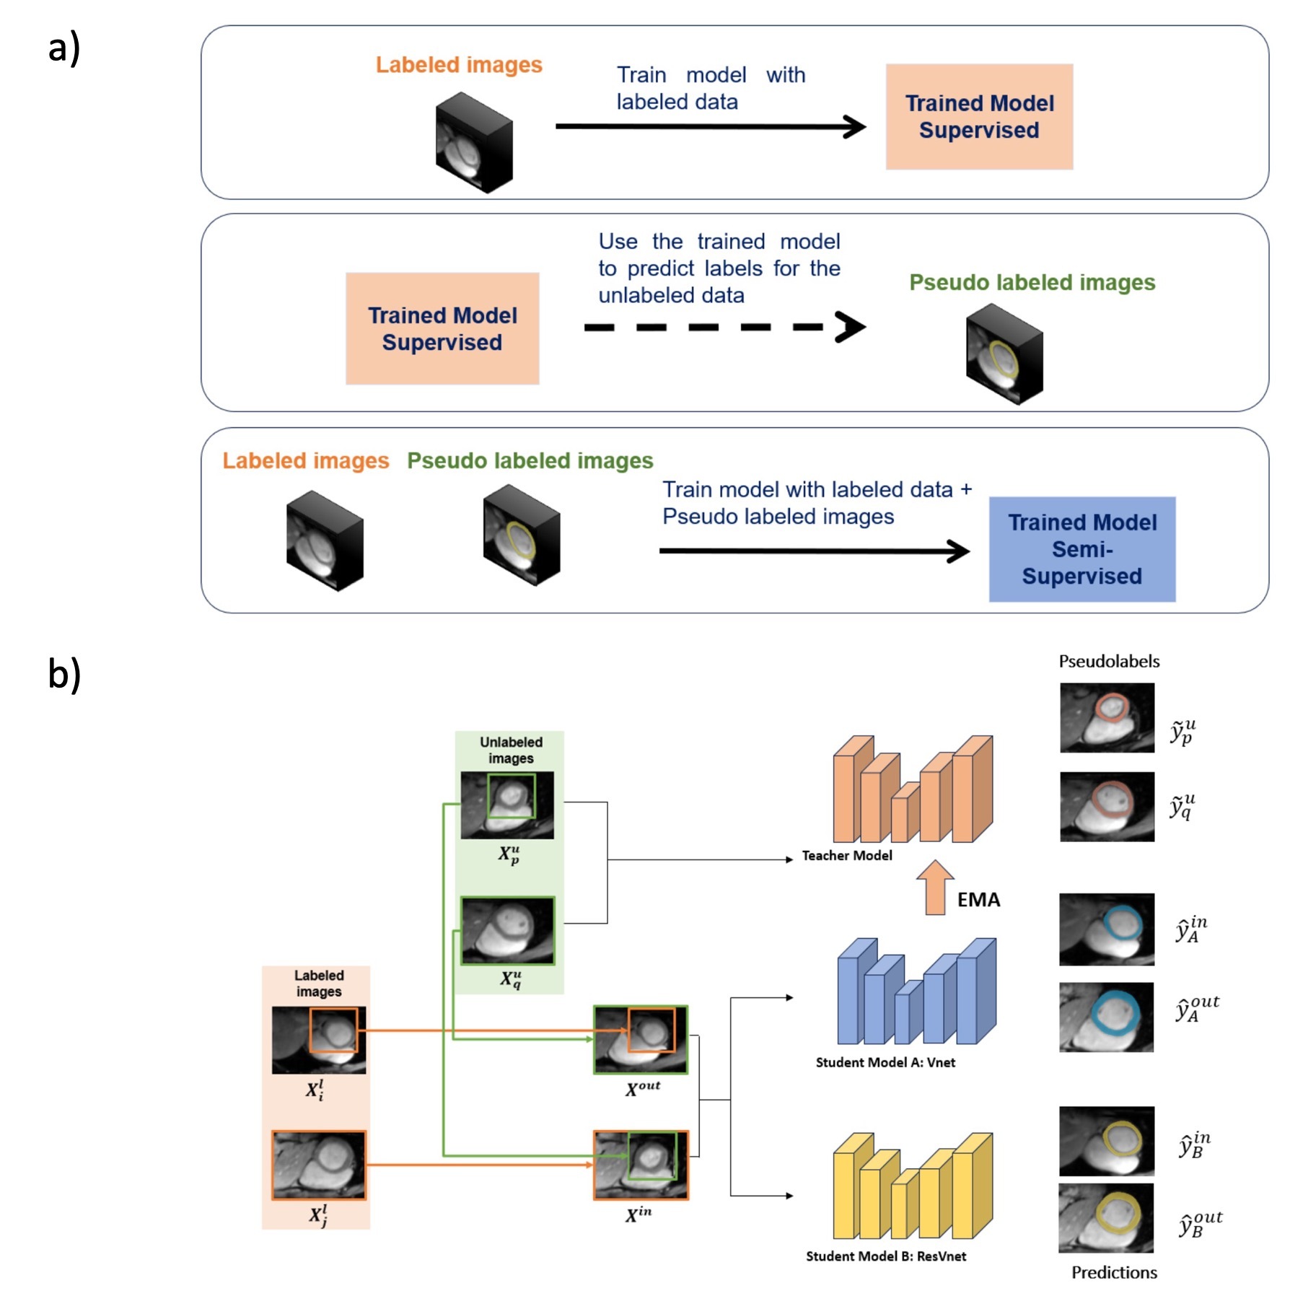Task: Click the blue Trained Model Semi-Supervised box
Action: point(1081,549)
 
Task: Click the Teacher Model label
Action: point(847,855)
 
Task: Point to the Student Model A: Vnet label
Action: point(885,1062)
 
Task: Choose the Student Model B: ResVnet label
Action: point(886,1256)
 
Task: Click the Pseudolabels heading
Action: point(1109,661)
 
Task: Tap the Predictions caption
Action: point(1114,1272)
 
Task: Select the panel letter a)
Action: point(63,48)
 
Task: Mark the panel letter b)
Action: point(64,673)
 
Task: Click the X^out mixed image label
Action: point(642,1088)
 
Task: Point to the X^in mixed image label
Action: point(639,1214)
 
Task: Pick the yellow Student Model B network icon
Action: point(913,1186)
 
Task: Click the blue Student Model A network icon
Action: point(916,991)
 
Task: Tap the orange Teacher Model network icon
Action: point(913,790)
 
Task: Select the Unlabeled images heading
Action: point(511,750)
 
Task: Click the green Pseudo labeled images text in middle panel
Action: point(1032,282)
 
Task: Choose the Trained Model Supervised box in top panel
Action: point(979,117)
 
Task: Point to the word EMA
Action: point(978,900)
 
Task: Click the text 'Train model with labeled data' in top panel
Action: point(710,88)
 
